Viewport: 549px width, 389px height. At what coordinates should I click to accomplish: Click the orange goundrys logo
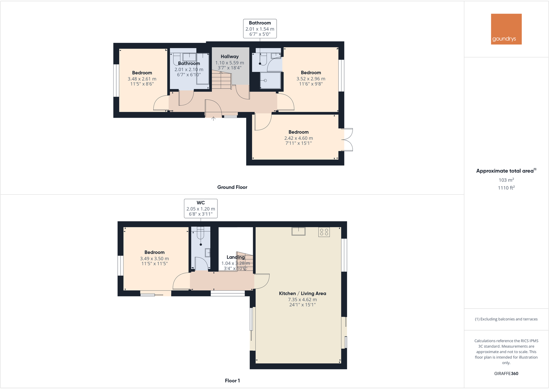[506, 29]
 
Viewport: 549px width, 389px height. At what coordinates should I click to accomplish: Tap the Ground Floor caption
[232, 187]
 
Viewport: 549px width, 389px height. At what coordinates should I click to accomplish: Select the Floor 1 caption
[232, 380]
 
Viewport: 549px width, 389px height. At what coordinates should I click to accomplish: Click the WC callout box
[201, 208]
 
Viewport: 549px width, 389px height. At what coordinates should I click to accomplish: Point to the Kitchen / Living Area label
[302, 293]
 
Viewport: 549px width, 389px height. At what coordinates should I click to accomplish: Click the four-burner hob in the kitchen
[324, 232]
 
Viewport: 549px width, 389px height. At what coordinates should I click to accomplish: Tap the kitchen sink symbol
[298, 231]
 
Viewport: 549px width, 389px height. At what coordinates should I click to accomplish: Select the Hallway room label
[230, 57]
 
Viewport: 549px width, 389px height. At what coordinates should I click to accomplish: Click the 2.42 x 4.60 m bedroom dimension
[298, 138]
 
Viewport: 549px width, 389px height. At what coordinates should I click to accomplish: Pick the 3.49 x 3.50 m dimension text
[154, 259]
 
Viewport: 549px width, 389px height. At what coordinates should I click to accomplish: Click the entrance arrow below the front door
[213, 119]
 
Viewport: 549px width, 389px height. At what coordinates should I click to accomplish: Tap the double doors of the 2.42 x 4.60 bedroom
[347, 140]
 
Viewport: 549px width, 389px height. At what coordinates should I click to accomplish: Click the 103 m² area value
[506, 180]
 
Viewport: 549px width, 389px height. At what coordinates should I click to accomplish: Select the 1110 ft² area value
[506, 188]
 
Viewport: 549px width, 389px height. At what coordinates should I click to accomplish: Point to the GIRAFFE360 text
[506, 373]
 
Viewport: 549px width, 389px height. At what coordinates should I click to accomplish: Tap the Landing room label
[235, 257]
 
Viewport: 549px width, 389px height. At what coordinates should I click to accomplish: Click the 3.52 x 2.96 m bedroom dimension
[311, 79]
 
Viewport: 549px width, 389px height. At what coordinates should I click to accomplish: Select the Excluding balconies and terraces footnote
[506, 319]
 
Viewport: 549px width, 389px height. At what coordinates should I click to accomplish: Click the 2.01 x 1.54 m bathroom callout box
[260, 29]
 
